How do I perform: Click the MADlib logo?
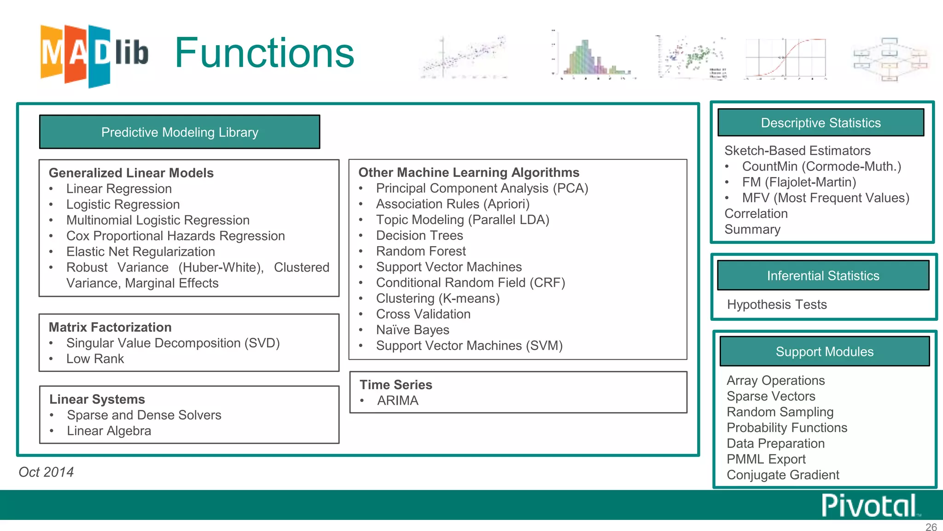pyautogui.click(x=94, y=55)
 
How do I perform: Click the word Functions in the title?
pyautogui.click(x=264, y=53)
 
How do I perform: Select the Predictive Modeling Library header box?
pyautogui.click(x=180, y=132)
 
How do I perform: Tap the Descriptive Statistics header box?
pyautogui.click(x=821, y=123)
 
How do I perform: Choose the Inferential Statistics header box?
pyautogui.click(x=823, y=276)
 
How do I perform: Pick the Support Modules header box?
pyautogui.click(x=824, y=352)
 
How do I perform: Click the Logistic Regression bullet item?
pyautogui.click(x=123, y=204)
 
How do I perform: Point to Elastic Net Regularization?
pyautogui.click(x=140, y=252)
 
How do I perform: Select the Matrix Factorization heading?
pyautogui.click(x=110, y=327)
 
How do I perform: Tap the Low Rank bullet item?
pyautogui.click(x=95, y=359)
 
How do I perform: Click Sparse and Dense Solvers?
pyautogui.click(x=144, y=415)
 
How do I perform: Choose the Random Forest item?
pyautogui.click(x=421, y=251)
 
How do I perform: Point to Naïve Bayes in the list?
pyautogui.click(x=413, y=330)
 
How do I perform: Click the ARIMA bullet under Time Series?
pyautogui.click(x=398, y=401)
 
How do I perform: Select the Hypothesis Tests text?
pyautogui.click(x=777, y=305)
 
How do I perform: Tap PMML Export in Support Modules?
pyautogui.click(x=766, y=459)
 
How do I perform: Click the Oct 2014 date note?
pyautogui.click(x=46, y=472)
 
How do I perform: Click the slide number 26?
pyautogui.click(x=931, y=527)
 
